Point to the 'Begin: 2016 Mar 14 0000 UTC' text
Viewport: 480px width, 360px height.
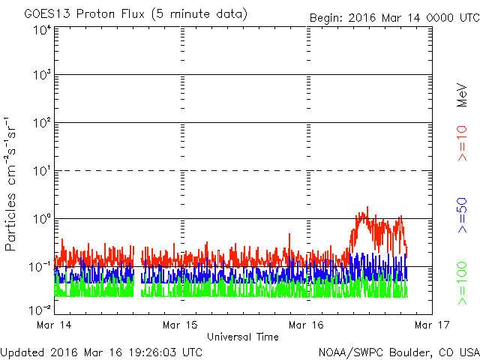[x=394, y=18]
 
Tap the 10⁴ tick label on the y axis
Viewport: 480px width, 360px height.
[x=42, y=30]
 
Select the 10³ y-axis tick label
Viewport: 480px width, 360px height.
[x=42, y=74]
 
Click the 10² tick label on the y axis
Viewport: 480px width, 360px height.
[x=42, y=122]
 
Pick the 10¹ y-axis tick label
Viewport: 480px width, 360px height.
[x=42, y=170]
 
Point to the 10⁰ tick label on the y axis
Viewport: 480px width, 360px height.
[x=42, y=218]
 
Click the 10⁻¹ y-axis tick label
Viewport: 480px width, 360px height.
[x=40, y=267]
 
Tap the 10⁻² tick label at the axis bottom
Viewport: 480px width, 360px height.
[x=40, y=310]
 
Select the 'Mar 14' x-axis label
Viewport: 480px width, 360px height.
[x=54, y=325]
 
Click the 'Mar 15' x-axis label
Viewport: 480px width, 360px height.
[x=180, y=325]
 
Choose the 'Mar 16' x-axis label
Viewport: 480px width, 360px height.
[x=306, y=325]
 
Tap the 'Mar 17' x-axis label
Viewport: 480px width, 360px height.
[x=432, y=325]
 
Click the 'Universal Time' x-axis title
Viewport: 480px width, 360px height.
[x=243, y=337]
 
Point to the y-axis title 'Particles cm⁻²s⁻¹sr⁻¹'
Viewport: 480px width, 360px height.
[x=10, y=184]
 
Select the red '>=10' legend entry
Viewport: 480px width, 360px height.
[x=462, y=143]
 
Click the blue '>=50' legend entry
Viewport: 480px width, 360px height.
[x=462, y=215]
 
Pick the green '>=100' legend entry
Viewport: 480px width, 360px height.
[x=462, y=283]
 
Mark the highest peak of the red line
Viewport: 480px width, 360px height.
[x=367, y=207]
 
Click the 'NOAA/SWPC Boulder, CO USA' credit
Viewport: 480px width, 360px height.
[x=399, y=352]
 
